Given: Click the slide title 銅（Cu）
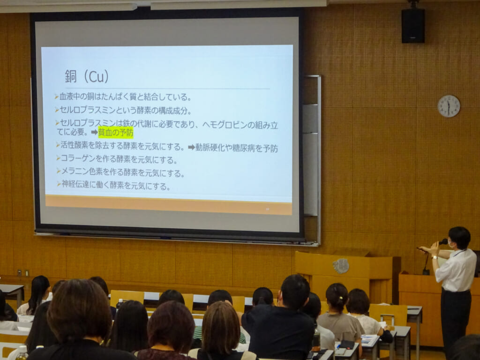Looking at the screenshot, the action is coord(87,76).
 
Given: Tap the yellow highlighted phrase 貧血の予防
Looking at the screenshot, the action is coord(116,133).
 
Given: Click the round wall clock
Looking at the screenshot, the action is coord(449,106).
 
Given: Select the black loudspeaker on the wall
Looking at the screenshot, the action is coord(413,25).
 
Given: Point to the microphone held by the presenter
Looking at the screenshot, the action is coord(442,242).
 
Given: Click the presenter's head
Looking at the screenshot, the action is coord(459,238).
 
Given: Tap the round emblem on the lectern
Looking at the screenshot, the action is coord(341,266).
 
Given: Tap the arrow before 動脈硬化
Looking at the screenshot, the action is coord(191,147).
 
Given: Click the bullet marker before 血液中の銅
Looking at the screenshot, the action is coord(57,97).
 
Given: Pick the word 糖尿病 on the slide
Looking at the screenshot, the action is coord(244,148).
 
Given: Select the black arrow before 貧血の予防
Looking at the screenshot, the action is coord(94,132).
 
